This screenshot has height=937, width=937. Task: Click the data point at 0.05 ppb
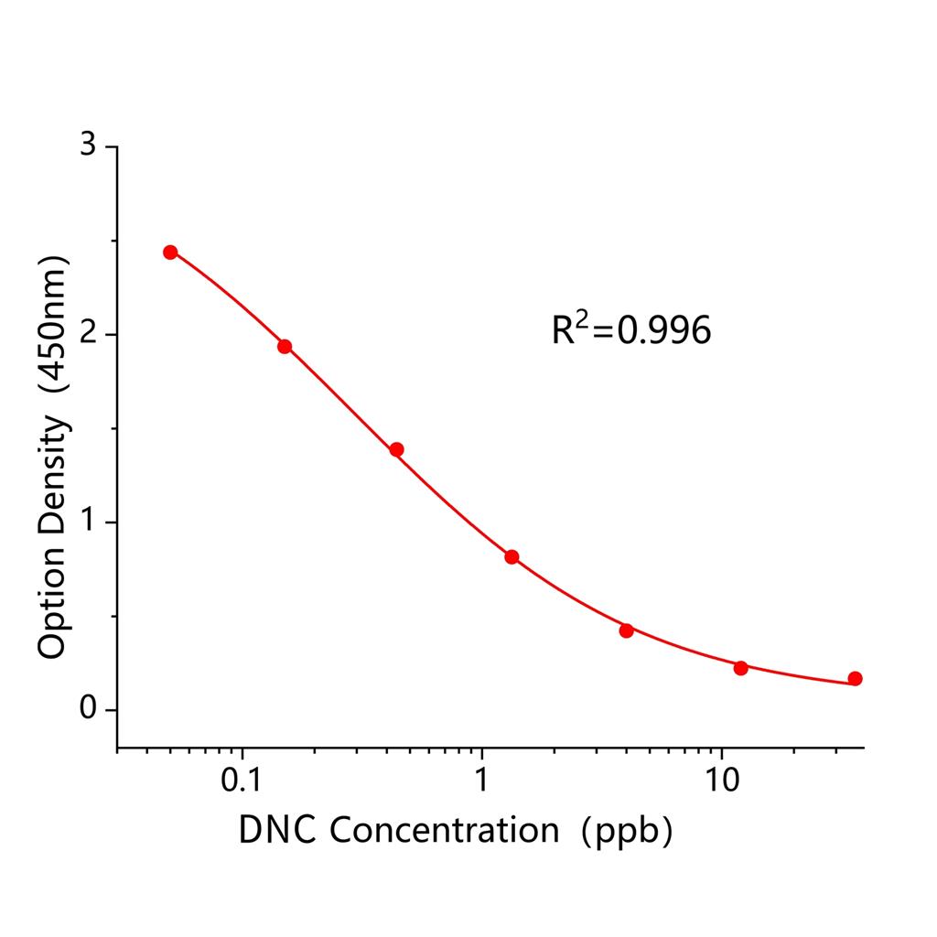point(170,253)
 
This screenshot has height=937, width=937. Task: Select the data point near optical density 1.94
point(285,346)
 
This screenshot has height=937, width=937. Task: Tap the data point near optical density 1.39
point(396,449)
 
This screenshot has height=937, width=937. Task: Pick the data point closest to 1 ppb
point(512,557)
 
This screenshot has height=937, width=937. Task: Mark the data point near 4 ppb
point(626,630)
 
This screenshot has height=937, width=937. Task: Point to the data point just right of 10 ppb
point(740,668)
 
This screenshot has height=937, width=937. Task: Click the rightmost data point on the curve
point(855,678)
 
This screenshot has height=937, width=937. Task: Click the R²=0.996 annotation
point(630,329)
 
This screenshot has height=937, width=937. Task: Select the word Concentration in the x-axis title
point(443,830)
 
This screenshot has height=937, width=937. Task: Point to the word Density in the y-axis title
point(52,474)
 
